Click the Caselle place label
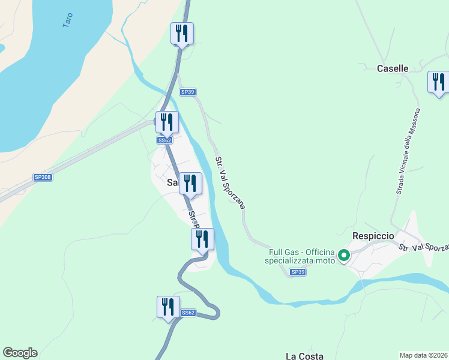point(393,68)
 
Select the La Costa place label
point(304,356)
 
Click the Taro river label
point(68,20)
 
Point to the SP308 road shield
point(42,177)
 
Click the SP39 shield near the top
point(187,92)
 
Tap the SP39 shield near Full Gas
point(298,272)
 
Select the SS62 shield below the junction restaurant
point(165,140)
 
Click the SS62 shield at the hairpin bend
point(188,313)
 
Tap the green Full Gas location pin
point(344,256)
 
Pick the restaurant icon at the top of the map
point(182,34)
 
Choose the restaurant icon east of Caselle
point(439,82)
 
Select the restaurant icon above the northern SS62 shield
point(167,122)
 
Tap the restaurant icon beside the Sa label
point(190,184)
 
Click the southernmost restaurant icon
point(168,307)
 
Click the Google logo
point(20,353)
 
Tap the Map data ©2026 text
point(423,355)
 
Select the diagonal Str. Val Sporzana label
point(230,182)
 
